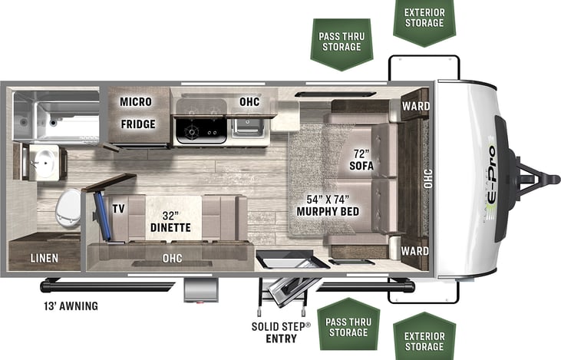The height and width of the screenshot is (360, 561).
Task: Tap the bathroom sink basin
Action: click(44, 162)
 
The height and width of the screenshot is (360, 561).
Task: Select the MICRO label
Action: click(135, 102)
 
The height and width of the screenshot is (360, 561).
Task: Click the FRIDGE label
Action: click(137, 124)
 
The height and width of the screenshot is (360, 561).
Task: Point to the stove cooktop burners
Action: click(200, 131)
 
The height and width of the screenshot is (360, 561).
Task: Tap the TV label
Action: click(118, 209)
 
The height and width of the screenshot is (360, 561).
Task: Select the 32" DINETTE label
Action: click(170, 220)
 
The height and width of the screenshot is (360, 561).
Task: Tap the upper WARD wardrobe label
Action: click(415, 105)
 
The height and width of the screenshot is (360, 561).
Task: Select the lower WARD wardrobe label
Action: click(414, 250)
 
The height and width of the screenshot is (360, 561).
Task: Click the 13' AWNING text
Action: click(70, 306)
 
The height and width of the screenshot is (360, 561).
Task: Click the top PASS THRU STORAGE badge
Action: click(342, 41)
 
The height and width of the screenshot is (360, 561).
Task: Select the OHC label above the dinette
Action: click(173, 258)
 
